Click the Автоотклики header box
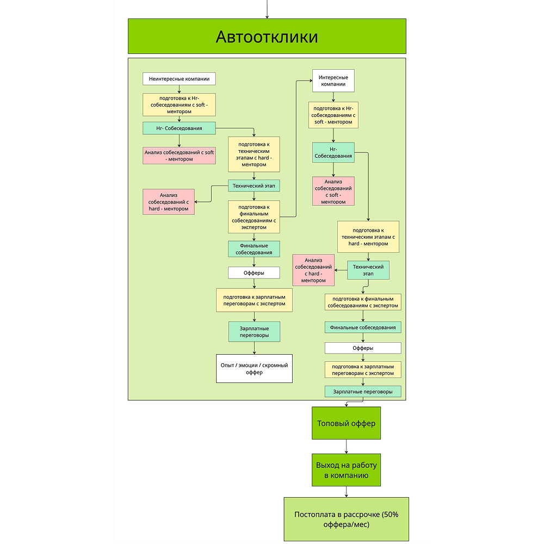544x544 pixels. click(x=267, y=36)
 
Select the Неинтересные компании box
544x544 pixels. click(x=179, y=79)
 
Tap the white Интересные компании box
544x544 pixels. click(x=333, y=81)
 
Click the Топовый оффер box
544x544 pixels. click(x=346, y=423)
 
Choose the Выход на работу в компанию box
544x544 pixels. click(x=346, y=470)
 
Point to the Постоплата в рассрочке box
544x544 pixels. click(x=346, y=519)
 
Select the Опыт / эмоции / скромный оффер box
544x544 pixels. click(x=254, y=368)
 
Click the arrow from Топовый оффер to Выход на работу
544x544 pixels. click(x=346, y=447)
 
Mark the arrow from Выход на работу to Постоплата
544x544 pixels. click(x=346, y=491)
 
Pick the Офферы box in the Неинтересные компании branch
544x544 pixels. click(x=254, y=273)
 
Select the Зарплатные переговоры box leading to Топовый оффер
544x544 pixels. click(x=363, y=391)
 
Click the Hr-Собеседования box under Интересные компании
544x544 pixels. click(x=333, y=152)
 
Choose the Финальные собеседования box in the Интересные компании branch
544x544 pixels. click(x=363, y=327)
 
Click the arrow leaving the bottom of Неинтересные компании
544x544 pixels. click(x=179, y=89)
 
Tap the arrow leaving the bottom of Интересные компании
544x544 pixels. click(x=333, y=97)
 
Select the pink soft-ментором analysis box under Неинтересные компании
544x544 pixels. click(x=179, y=156)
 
